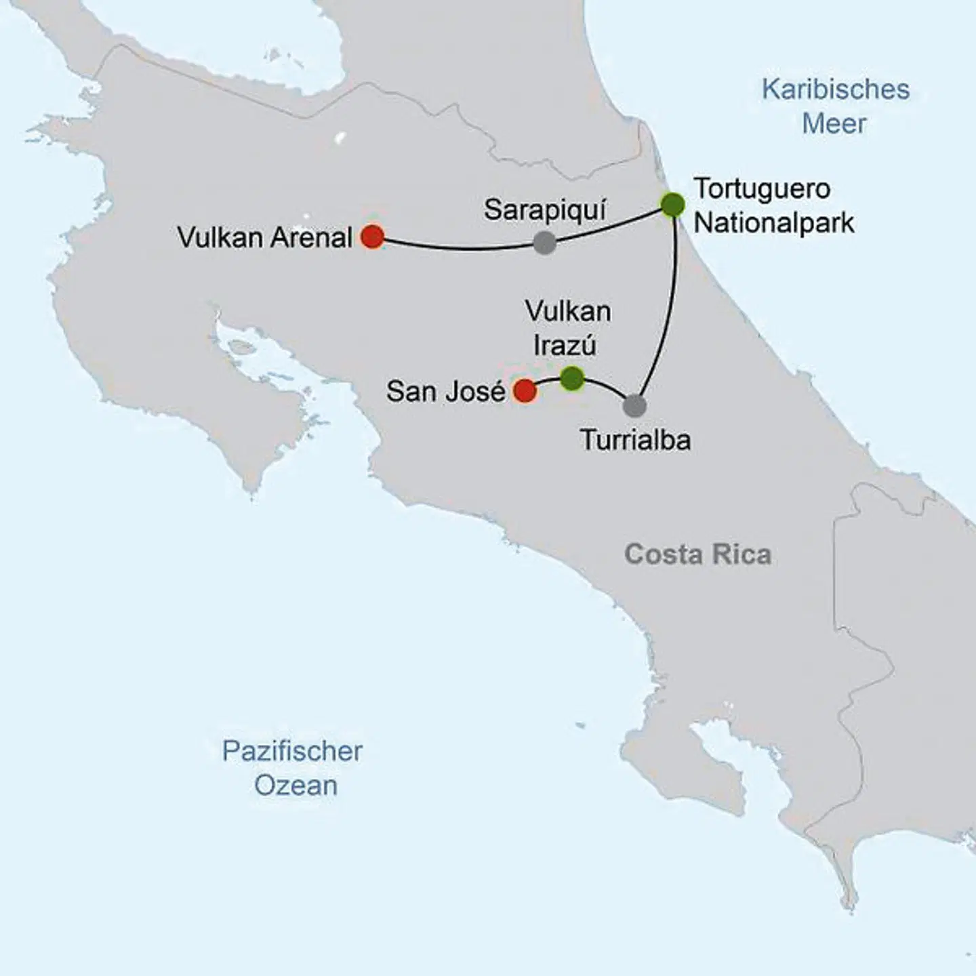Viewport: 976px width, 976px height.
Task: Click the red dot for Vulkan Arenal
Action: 372,237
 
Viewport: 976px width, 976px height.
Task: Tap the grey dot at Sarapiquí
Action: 545,243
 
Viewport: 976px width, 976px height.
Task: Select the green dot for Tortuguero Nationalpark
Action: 672,205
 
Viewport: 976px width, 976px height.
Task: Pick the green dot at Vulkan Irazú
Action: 573,378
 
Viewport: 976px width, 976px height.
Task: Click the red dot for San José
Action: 525,391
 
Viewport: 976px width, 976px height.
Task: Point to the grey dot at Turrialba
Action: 634,405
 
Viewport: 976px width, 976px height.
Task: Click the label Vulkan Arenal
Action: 264,238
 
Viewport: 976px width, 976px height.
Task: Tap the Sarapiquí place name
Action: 545,210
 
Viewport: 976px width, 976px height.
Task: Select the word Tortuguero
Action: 762,188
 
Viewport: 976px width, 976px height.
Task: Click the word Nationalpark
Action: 774,223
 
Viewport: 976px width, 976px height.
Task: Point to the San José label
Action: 445,392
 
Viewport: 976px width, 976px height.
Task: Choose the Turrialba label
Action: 636,441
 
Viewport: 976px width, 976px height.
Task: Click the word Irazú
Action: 565,346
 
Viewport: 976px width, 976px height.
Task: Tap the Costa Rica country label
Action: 697,554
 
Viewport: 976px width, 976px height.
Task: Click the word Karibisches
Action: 835,89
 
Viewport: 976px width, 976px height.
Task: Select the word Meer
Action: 834,124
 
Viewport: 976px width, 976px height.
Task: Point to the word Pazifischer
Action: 292,751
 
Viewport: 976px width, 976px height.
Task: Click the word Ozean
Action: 296,786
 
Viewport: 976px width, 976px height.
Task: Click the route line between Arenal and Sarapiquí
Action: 461,248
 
